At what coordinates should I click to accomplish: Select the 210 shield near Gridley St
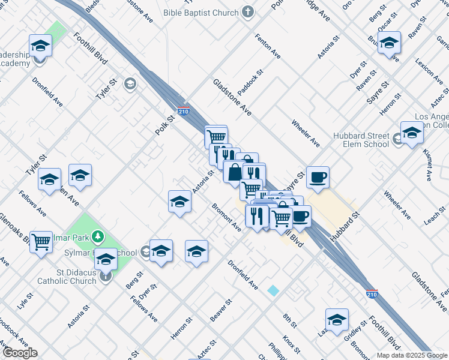point(372,294)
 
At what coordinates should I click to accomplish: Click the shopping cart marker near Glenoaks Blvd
point(41,242)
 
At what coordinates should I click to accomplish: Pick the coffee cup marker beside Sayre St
point(318,177)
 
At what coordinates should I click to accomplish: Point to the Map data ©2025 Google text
point(412,355)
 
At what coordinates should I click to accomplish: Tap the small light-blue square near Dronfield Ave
point(274,290)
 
